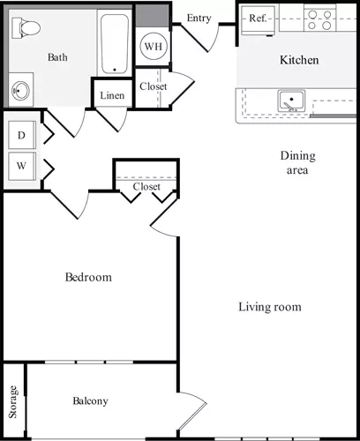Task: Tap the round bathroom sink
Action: pos(21,90)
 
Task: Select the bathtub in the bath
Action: pos(114,41)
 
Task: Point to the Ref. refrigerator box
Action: pos(259,18)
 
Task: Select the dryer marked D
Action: pos(20,135)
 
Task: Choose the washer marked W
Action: pos(20,165)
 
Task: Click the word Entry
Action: pos(199,18)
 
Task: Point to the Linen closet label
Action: pos(112,95)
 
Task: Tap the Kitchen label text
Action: pos(299,61)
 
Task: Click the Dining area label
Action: pos(297,163)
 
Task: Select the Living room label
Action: pos(270,307)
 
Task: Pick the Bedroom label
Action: pos(89,278)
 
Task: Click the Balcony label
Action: pos(90,401)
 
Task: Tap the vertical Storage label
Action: pos(13,402)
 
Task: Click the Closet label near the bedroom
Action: pos(146,187)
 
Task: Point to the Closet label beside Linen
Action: pos(154,86)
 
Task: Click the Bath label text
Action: pos(57,58)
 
